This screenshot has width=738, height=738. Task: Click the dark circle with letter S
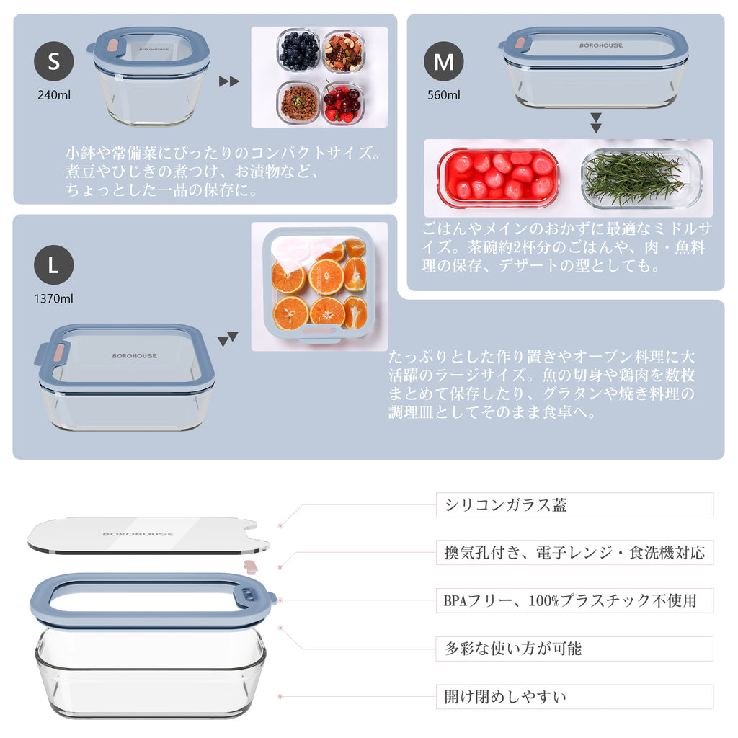pyautogui.click(x=53, y=61)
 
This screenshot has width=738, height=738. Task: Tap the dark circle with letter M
pyautogui.click(x=443, y=61)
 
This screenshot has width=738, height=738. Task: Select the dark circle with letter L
pyautogui.click(x=53, y=265)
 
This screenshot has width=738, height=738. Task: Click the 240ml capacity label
pyautogui.click(x=53, y=95)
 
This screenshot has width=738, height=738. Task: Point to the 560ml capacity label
pyautogui.click(x=443, y=95)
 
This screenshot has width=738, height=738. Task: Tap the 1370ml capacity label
pyautogui.click(x=53, y=299)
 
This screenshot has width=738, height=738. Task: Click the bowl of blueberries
pyautogui.click(x=298, y=50)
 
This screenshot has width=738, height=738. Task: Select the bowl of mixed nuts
pyautogui.click(x=344, y=51)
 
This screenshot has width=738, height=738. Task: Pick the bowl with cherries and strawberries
pyautogui.click(x=342, y=103)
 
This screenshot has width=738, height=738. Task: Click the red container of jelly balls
pyautogui.click(x=499, y=178)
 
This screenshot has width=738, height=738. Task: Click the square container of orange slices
pyautogui.click(x=319, y=285)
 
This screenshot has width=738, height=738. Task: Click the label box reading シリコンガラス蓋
pyautogui.click(x=574, y=505)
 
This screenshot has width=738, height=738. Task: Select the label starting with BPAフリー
pyautogui.click(x=574, y=600)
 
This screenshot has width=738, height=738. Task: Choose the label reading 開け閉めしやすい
pyautogui.click(x=574, y=697)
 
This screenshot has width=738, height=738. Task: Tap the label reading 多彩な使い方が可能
pyautogui.click(x=574, y=649)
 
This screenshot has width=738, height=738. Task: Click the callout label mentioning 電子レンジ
pyautogui.click(x=574, y=553)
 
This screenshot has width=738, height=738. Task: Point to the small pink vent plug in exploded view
pyautogui.click(x=251, y=566)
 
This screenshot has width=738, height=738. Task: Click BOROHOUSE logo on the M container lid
pyautogui.click(x=601, y=45)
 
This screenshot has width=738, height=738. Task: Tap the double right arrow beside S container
pyautogui.click(x=229, y=81)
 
